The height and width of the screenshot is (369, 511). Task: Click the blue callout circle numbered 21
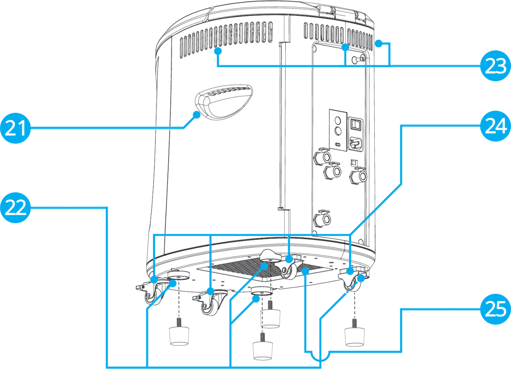(x=15, y=128)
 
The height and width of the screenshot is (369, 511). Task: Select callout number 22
(x=15, y=208)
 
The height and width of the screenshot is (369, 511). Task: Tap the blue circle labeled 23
(x=495, y=66)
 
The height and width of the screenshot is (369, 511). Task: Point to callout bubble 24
(x=495, y=126)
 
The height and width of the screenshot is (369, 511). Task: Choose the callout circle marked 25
(x=495, y=309)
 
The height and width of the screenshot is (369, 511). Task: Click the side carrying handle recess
(x=224, y=102)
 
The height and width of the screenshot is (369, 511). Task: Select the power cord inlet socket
(x=356, y=143)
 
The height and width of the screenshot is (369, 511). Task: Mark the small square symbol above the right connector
(x=353, y=161)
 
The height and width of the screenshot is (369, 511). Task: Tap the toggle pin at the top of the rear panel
(x=358, y=60)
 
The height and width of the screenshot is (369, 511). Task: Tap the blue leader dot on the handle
(x=197, y=114)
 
